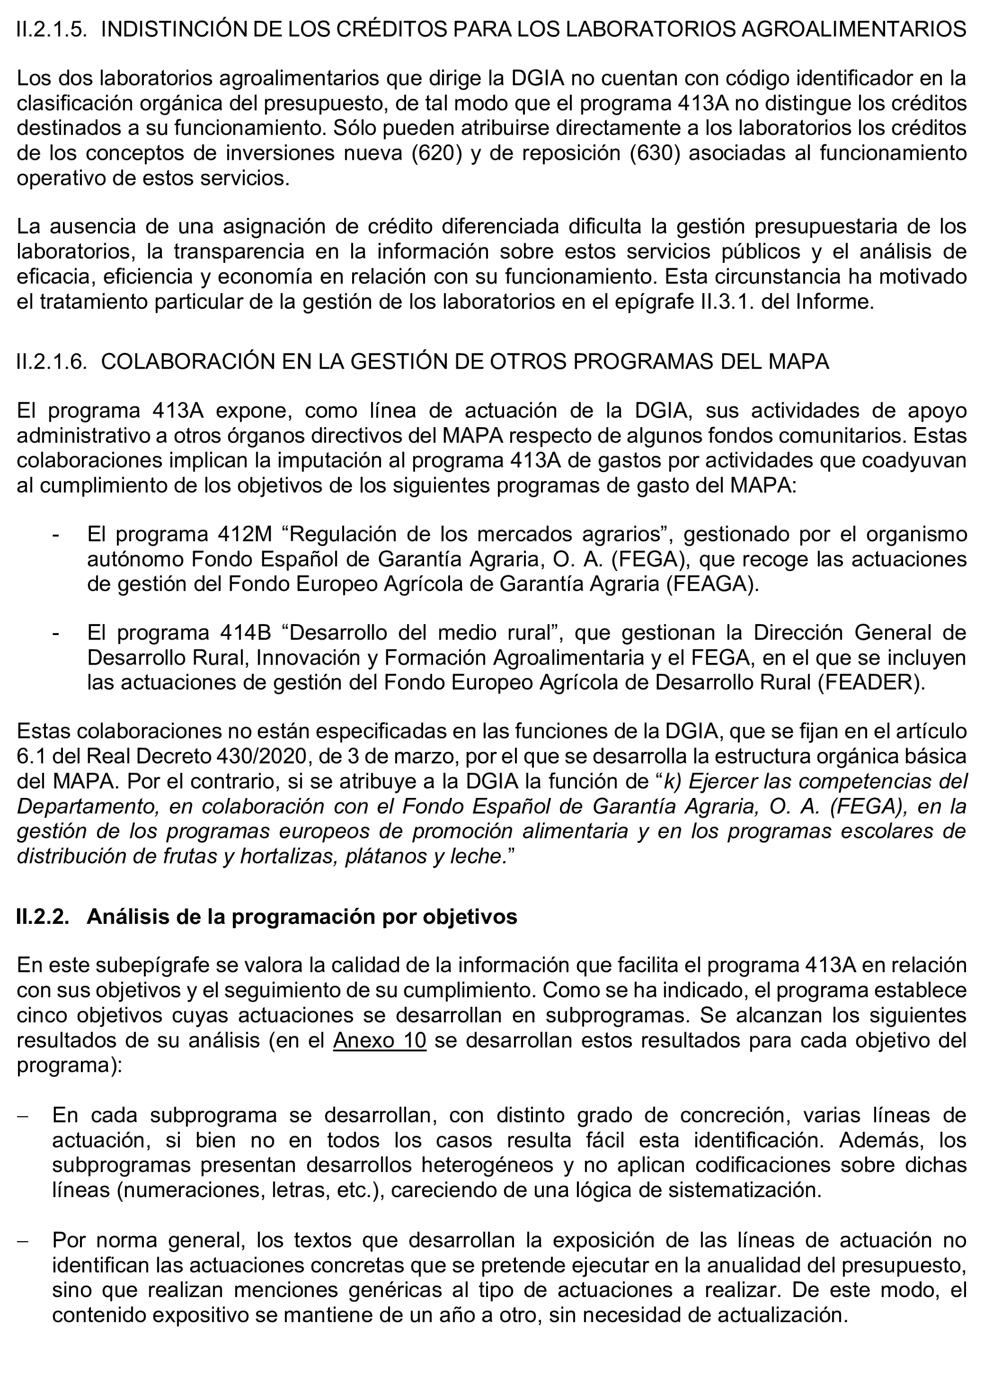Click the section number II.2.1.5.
click(52, 29)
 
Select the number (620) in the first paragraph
click(433, 153)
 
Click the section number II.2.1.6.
click(52, 361)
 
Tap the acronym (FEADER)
click(871, 683)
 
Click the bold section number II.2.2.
click(43, 917)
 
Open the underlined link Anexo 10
click(380, 1040)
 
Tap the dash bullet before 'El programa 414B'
click(56, 633)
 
